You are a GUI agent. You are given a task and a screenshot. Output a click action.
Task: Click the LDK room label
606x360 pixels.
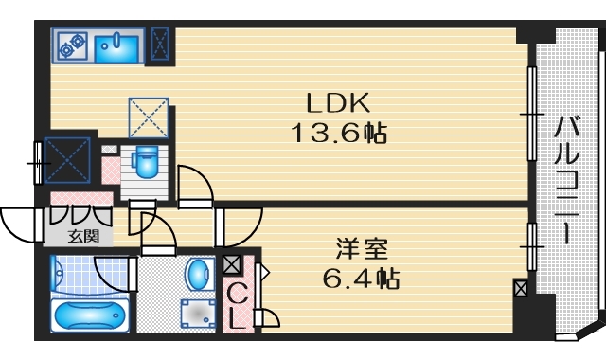click(x=330, y=101)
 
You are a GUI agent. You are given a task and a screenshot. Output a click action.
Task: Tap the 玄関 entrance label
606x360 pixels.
click(x=80, y=236)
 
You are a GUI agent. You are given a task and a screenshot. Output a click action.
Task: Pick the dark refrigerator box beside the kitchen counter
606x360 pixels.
click(x=161, y=44)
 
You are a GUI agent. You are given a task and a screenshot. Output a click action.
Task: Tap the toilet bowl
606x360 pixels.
click(x=145, y=163)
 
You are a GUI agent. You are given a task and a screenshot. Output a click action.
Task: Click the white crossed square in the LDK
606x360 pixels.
click(x=148, y=117)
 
